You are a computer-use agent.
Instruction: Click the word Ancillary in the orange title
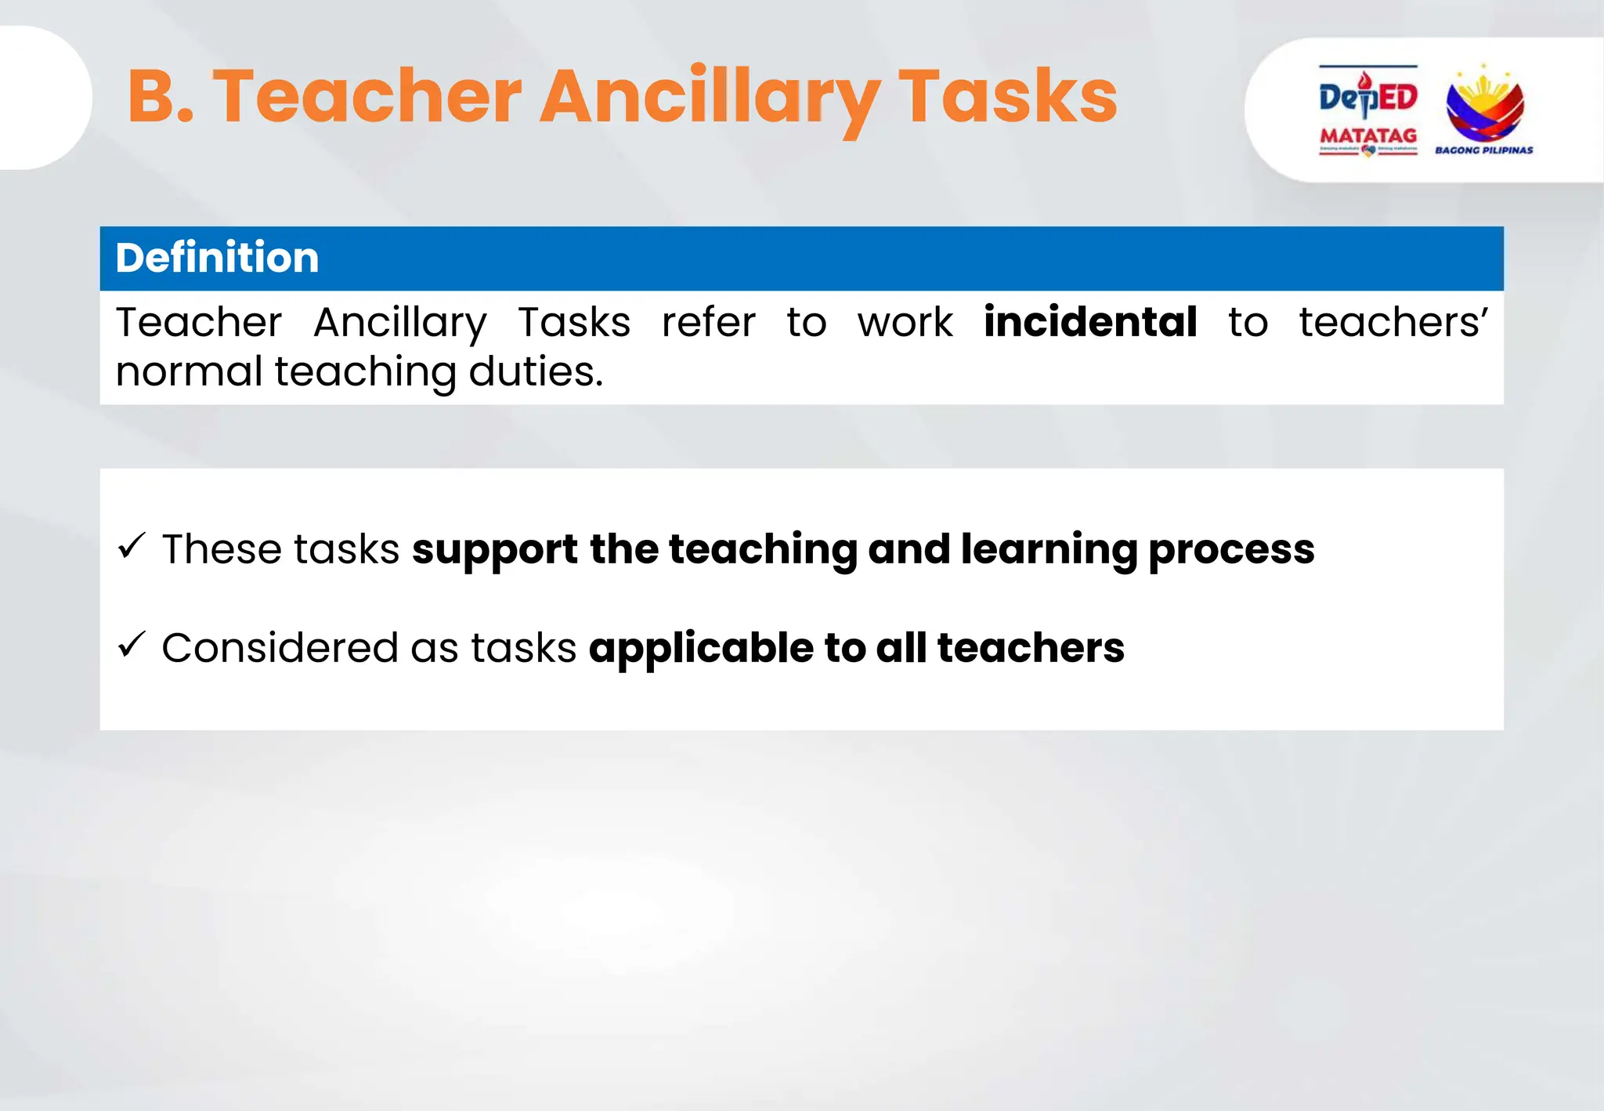coord(709,97)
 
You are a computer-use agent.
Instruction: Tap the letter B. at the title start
coord(161,97)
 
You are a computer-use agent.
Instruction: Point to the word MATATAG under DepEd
coord(1367,136)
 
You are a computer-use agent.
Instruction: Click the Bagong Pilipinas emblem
coord(1483,106)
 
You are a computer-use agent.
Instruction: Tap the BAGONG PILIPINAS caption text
coord(1483,150)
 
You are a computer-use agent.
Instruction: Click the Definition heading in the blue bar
coord(217,258)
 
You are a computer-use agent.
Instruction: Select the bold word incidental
coord(1090,322)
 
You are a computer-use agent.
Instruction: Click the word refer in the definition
coord(708,322)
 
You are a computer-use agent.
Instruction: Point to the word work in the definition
coord(905,322)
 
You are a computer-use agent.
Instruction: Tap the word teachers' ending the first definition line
coord(1393,322)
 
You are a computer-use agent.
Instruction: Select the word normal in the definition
coord(189,371)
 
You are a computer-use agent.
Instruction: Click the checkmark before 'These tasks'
coord(132,546)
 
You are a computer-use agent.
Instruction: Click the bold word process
coord(1231,549)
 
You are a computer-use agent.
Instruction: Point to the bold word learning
coord(1049,549)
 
